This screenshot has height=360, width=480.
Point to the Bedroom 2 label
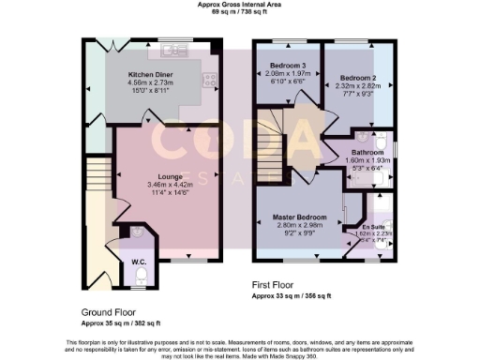[x=357, y=77]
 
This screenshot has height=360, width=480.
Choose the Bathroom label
[x=367, y=151]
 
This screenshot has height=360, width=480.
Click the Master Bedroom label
[x=298, y=217]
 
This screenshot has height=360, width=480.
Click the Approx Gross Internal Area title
[x=240, y=5]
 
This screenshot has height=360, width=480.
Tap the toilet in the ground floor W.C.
[x=139, y=275]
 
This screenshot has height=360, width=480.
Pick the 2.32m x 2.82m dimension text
[x=357, y=86]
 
